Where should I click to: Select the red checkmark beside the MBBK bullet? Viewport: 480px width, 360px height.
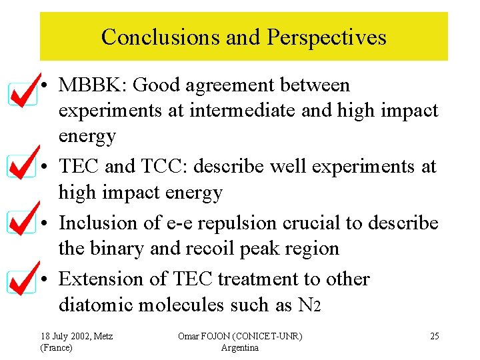click(26, 91)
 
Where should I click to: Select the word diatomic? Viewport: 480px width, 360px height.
click(99, 305)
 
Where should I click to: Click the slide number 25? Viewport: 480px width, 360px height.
click(434, 336)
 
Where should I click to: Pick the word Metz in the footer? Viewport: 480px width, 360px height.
click(101, 336)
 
